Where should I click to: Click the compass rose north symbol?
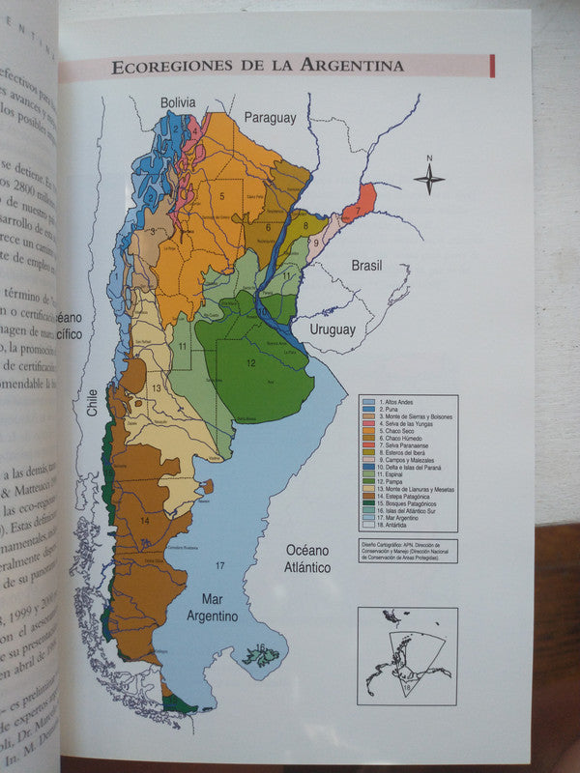429,177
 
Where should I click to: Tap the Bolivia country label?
178,102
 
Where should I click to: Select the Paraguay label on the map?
270,118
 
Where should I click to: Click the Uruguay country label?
333,329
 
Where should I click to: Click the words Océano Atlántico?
307,558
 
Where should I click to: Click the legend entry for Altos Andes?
392,401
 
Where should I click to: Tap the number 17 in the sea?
220,564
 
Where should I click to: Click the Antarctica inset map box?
406,653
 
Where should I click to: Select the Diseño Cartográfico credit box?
406,551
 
